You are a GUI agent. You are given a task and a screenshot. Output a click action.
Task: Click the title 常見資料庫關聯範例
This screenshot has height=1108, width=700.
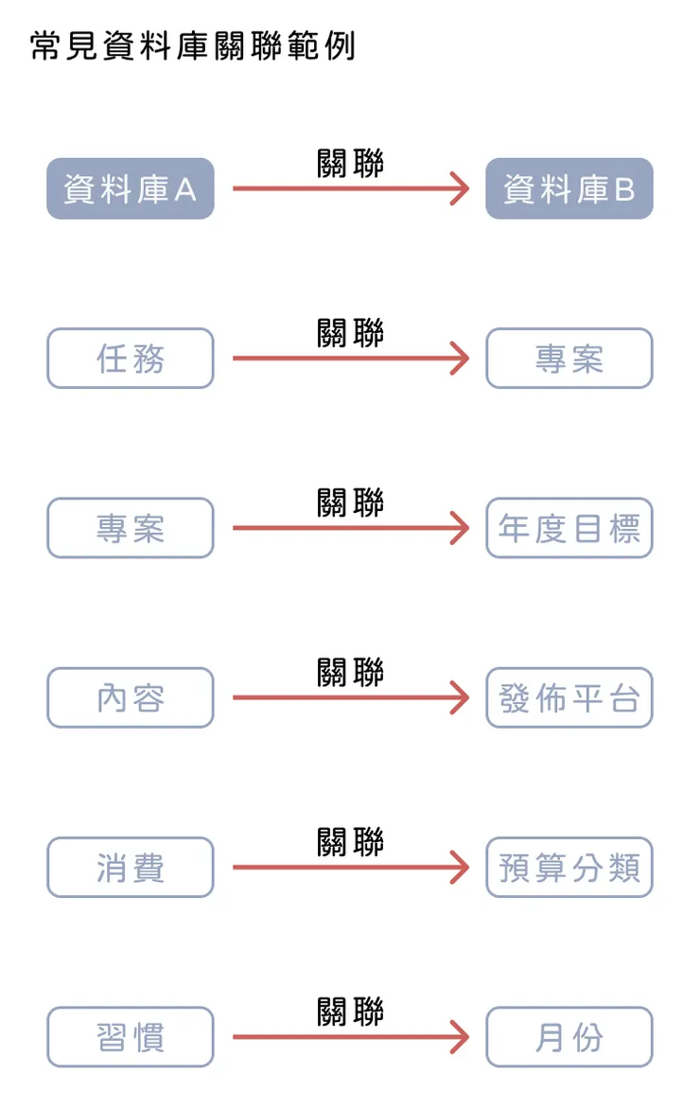click(193, 45)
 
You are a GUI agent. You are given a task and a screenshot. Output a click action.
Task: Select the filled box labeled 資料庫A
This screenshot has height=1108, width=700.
click(131, 189)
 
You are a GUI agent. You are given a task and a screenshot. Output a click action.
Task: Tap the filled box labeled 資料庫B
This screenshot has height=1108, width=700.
click(569, 189)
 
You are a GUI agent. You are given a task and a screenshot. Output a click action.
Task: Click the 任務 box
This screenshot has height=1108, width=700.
click(131, 359)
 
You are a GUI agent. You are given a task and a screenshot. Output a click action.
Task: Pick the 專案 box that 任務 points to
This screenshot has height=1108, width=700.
click(569, 359)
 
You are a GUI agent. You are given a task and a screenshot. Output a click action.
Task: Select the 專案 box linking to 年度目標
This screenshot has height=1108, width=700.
click(131, 528)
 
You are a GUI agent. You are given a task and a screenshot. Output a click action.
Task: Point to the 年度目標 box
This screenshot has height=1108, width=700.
click(569, 528)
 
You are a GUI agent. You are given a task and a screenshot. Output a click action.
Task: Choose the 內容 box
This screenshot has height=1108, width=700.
click(131, 697)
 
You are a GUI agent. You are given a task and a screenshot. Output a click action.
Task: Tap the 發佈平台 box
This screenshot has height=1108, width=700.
click(569, 697)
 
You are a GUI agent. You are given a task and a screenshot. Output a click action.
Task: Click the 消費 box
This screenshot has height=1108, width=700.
click(131, 867)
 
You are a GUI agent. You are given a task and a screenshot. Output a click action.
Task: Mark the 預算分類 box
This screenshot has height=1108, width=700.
click(569, 867)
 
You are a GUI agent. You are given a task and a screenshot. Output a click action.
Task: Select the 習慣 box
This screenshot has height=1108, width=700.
click(131, 1037)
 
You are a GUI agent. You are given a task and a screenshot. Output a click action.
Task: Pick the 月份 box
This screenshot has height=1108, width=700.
click(569, 1037)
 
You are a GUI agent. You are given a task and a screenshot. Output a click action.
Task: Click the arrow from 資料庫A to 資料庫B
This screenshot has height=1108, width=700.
click(350, 189)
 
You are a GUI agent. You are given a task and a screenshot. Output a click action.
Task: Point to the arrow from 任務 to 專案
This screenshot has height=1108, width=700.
click(350, 359)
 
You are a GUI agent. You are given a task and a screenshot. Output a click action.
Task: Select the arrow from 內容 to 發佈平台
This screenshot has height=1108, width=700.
click(350, 697)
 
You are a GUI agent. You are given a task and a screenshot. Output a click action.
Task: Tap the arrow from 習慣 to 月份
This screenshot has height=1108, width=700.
click(350, 1037)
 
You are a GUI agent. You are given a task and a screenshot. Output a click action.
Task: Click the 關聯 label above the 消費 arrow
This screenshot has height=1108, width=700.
click(351, 840)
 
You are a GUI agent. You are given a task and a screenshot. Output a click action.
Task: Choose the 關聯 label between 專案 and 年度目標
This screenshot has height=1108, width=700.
click(351, 501)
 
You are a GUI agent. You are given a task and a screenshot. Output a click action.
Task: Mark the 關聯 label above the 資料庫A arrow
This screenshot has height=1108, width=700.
click(351, 163)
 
